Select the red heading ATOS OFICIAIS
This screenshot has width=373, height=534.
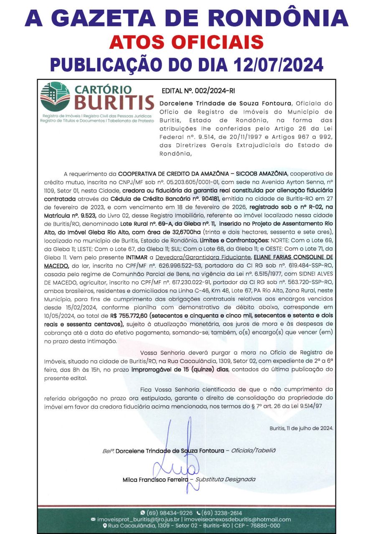click(186, 42)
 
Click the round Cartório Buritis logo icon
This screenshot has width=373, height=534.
click(55, 97)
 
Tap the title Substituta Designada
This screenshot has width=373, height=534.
click(225, 479)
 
